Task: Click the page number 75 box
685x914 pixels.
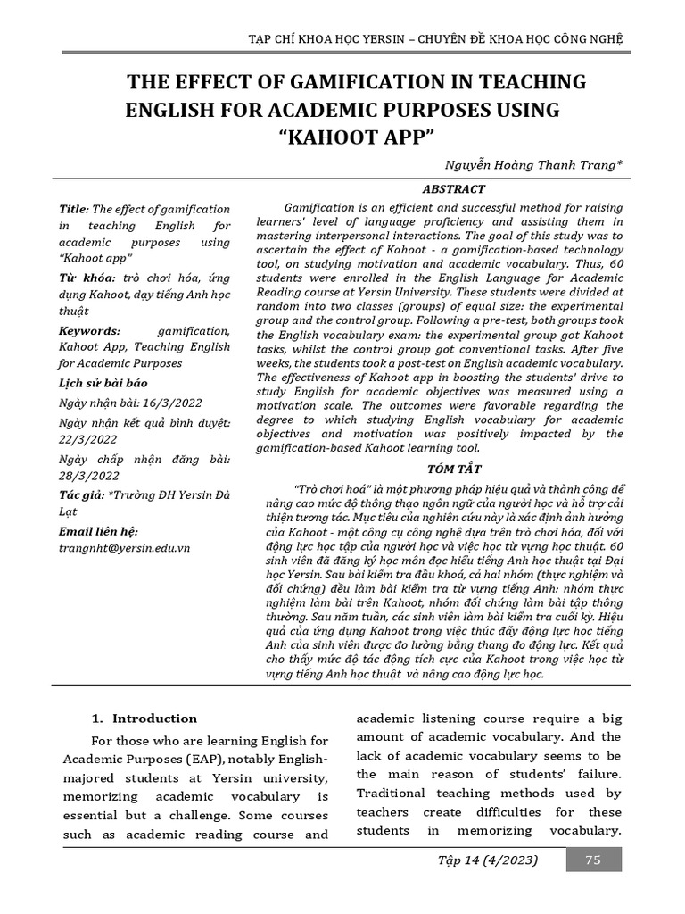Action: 592,860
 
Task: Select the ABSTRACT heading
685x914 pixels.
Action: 453,189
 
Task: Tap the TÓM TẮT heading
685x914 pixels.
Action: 453,469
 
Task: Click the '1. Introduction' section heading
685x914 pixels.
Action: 145,719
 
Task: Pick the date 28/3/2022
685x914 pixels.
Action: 87,476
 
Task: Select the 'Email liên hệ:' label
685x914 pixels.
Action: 99,530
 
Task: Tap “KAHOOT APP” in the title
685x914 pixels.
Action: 355,138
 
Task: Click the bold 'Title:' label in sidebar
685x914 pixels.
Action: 73,209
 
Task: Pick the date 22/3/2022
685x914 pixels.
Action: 87,440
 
